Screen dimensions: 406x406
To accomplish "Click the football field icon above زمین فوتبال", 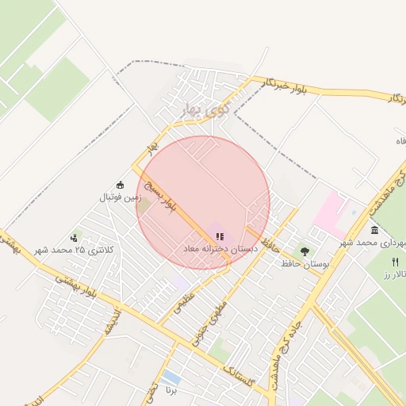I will click(x=121, y=185).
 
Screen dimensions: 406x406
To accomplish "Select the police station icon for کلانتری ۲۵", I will click(x=75, y=236).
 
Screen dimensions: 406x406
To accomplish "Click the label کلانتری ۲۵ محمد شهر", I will click(x=75, y=250).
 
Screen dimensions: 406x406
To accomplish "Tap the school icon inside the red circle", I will click(x=220, y=236).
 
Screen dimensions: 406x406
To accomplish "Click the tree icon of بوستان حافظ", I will click(x=305, y=251).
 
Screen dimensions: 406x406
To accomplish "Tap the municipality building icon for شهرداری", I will click(x=375, y=230).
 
